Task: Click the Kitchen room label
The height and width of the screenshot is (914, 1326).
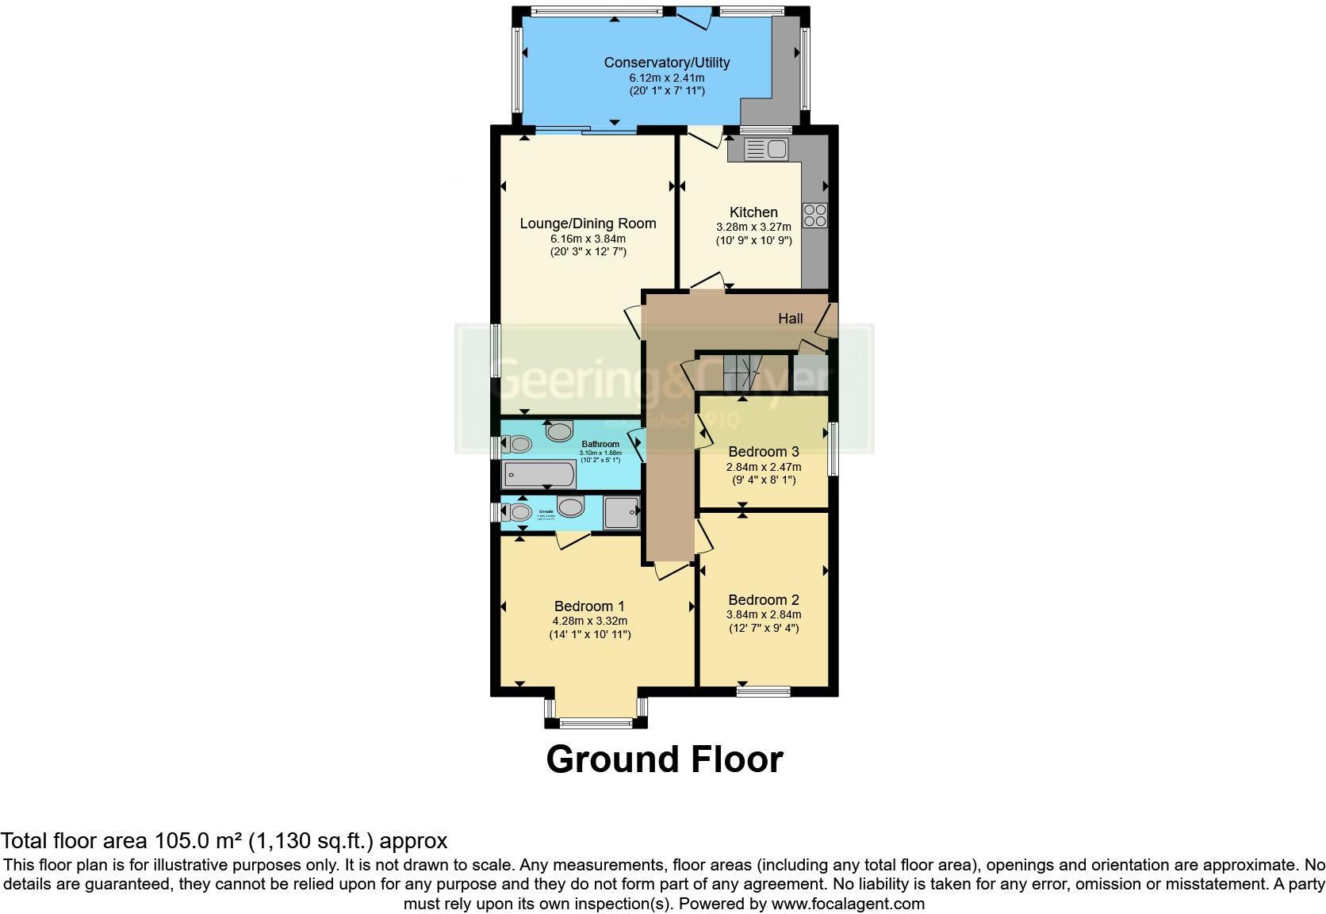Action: (x=753, y=212)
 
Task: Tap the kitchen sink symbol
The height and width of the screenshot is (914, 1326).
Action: (x=765, y=149)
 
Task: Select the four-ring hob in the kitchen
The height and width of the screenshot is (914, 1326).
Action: (x=815, y=215)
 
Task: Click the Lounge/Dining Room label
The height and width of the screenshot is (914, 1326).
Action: (x=588, y=224)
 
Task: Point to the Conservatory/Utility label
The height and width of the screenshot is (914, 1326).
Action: (x=666, y=63)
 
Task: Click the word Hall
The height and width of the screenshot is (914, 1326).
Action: (x=790, y=319)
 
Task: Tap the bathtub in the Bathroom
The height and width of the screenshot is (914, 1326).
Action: (x=539, y=475)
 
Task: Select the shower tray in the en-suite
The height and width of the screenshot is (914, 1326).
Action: (x=621, y=512)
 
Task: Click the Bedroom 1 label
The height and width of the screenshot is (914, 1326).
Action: (x=589, y=606)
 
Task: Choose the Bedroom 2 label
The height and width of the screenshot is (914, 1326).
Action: (x=763, y=600)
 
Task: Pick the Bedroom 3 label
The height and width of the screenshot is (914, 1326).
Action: (x=763, y=452)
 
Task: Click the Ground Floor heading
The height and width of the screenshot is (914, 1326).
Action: (x=664, y=759)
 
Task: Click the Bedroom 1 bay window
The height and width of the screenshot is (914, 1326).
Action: (x=596, y=722)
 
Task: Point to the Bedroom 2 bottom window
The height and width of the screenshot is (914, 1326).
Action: (x=763, y=691)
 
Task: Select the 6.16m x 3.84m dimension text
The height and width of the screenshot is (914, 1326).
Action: (x=588, y=239)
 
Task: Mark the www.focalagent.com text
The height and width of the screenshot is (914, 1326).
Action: (x=847, y=904)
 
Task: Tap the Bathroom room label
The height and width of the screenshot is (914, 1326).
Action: (x=600, y=444)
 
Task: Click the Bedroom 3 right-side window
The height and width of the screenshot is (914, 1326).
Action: (x=833, y=449)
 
